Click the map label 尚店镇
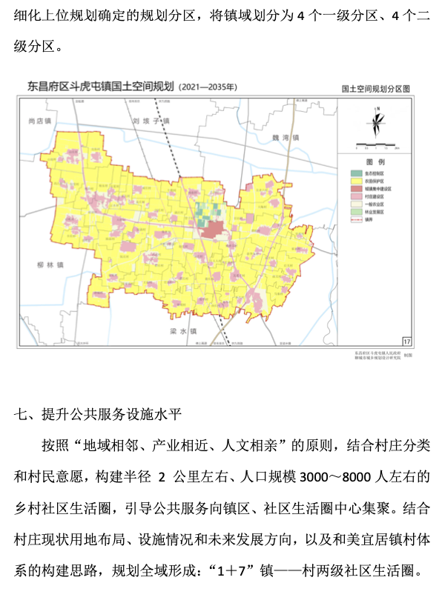(37, 121)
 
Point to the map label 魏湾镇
(285, 138)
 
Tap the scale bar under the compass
(377, 144)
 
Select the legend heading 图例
(375, 161)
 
